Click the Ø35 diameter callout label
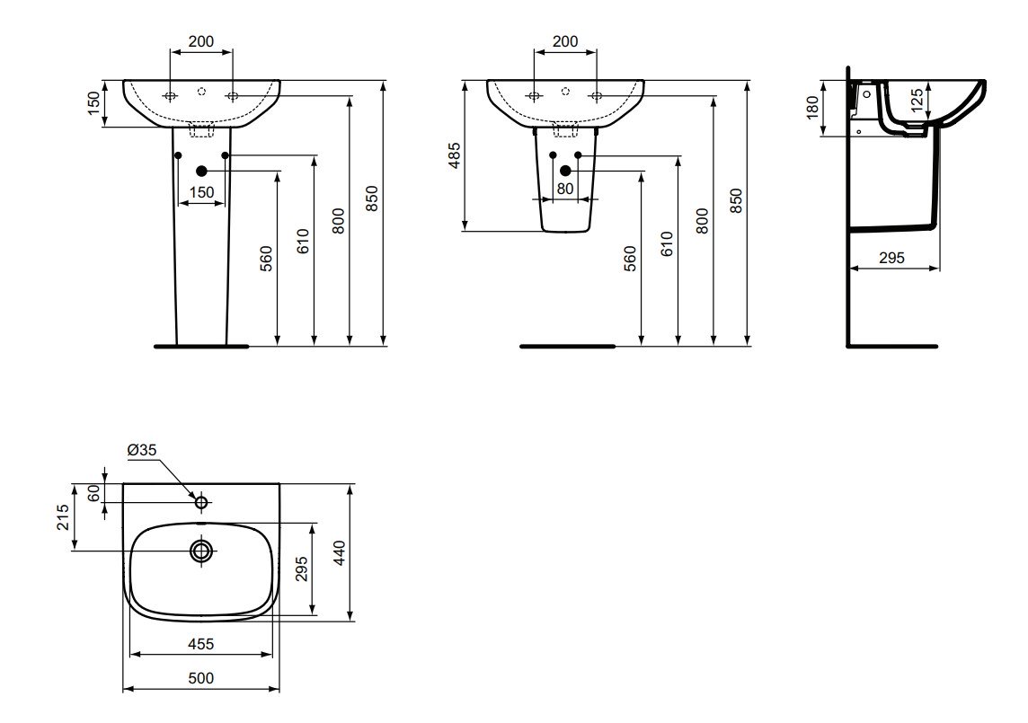tap(142, 450)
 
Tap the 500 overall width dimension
tap(200, 678)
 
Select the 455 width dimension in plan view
tap(200, 644)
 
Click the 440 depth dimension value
tap(338, 552)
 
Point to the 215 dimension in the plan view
tap(63, 517)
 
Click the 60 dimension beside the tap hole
tap(93, 493)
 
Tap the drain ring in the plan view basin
tap(201, 551)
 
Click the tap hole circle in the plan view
tap(201, 503)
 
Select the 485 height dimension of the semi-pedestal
tap(455, 155)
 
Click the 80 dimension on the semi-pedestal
tap(565, 189)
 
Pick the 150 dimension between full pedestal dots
tap(201, 192)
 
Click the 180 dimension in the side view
tap(813, 108)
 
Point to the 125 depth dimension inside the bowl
tap(917, 97)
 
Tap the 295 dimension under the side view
tap(891, 258)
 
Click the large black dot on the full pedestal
tap(201, 171)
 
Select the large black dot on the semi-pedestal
tap(565, 171)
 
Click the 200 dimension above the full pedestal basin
tap(200, 41)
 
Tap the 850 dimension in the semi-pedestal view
tap(736, 200)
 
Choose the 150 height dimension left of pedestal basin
tap(93, 103)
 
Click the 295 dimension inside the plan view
tap(301, 569)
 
